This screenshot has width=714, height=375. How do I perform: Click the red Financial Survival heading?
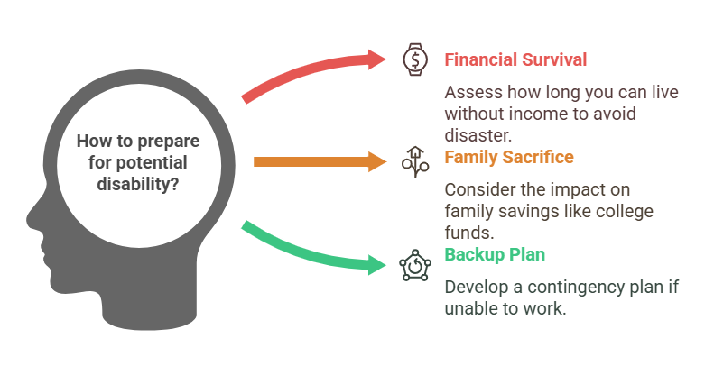[x=515, y=60]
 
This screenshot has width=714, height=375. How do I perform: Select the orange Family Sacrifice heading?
[x=509, y=157]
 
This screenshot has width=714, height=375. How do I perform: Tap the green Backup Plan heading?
[x=495, y=254]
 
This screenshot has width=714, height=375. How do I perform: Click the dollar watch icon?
[x=415, y=59]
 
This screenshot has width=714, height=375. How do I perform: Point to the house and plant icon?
[x=415, y=162]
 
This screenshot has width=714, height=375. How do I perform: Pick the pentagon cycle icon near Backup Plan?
[x=415, y=265]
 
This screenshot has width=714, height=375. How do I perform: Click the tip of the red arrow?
[x=386, y=59]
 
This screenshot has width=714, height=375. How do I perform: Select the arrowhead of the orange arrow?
[x=377, y=162]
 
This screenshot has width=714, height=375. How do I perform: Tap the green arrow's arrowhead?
[x=377, y=264]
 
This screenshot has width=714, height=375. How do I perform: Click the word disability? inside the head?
[x=138, y=184]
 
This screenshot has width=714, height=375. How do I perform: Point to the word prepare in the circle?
[x=169, y=142]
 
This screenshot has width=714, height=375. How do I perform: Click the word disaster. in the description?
[x=478, y=135]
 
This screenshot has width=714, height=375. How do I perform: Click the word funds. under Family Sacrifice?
[x=469, y=233]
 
